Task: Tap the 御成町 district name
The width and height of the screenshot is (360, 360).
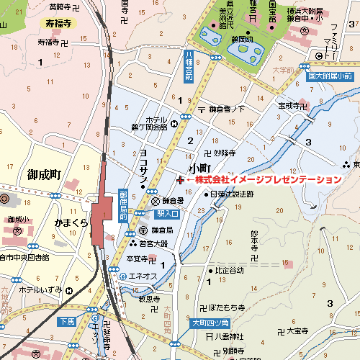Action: point(44,174)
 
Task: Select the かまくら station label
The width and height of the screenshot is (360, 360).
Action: point(71,223)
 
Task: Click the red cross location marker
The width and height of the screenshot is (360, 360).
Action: point(179,179)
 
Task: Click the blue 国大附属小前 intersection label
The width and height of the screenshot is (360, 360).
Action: point(329,76)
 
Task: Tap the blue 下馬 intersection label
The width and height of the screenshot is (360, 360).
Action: point(68,321)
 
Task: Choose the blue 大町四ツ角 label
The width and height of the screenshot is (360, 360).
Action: point(210,323)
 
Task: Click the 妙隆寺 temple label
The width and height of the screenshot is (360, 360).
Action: point(225,153)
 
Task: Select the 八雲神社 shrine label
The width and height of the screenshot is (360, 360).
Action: point(230,336)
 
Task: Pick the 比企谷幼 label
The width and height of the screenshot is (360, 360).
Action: point(230,271)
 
